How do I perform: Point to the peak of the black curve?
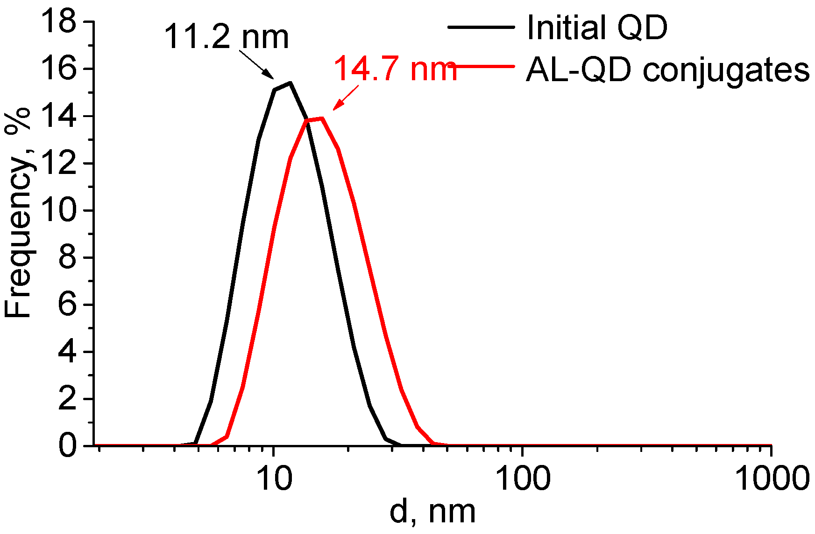coord(290,83)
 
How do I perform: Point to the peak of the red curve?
coord(322,118)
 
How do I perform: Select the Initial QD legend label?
coord(597,28)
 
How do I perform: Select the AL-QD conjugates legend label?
coord(667,70)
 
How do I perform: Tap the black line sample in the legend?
coord(481,27)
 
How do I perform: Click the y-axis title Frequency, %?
coord(17,212)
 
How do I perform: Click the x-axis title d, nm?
coord(432,512)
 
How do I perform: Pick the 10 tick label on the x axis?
coord(274,479)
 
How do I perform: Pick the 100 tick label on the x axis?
coord(522,479)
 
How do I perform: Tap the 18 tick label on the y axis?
coord(58,21)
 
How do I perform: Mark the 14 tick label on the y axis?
coord(58,116)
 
